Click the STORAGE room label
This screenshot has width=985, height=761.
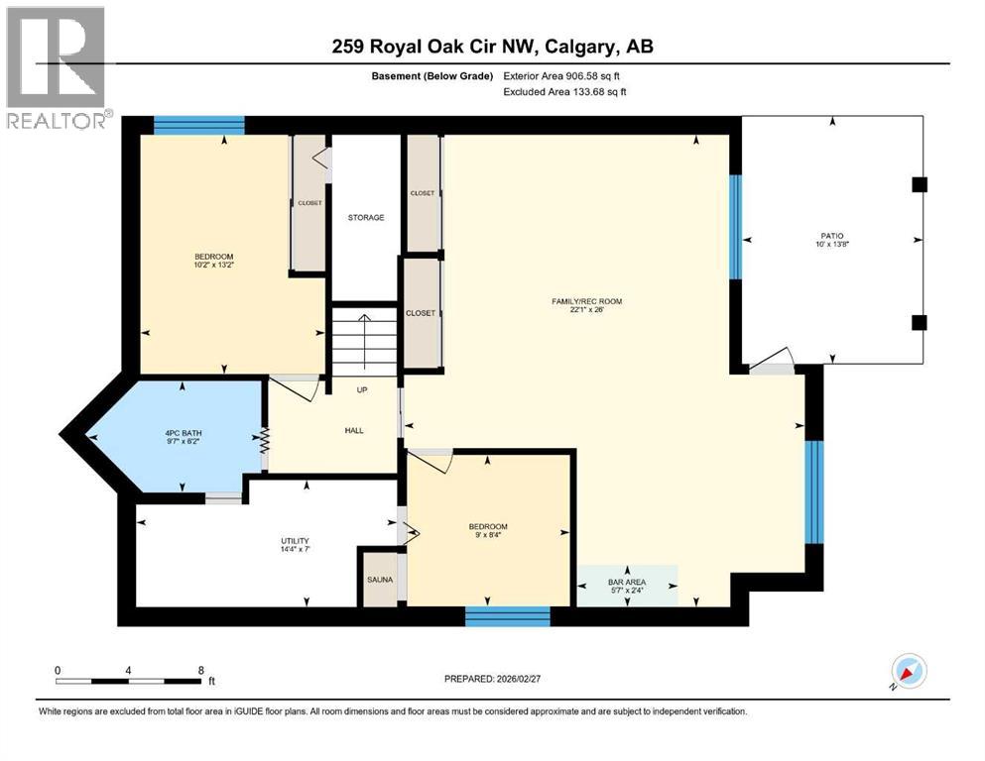[x=365, y=217]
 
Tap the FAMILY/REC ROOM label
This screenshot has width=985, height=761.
[x=587, y=301]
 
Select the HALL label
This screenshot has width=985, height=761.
[x=353, y=431]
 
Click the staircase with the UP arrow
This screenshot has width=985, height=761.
[x=364, y=342]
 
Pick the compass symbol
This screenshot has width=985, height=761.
[x=908, y=672]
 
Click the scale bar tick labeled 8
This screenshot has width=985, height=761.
[x=201, y=670]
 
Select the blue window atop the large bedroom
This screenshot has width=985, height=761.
[x=199, y=125]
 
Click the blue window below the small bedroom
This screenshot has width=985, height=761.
[x=507, y=616]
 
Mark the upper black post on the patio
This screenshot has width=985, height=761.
[x=919, y=183]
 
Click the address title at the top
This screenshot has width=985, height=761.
[x=492, y=47]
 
